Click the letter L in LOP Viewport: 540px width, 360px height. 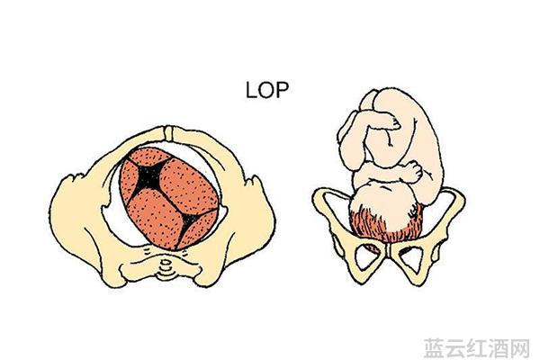pyautogui.click(x=251, y=90)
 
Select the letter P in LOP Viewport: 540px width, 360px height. pyautogui.click(x=282, y=90)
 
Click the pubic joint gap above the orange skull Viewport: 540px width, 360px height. pyautogui.click(x=168, y=134)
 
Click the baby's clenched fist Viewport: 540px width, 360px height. pyautogui.click(x=412, y=171)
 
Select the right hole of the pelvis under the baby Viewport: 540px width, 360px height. pyautogui.click(x=411, y=259)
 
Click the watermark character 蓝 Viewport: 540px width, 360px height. pyautogui.click(x=435, y=348)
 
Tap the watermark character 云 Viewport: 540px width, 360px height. pyautogui.click(x=455, y=348)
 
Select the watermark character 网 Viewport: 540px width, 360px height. pyautogui.click(x=519, y=348)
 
